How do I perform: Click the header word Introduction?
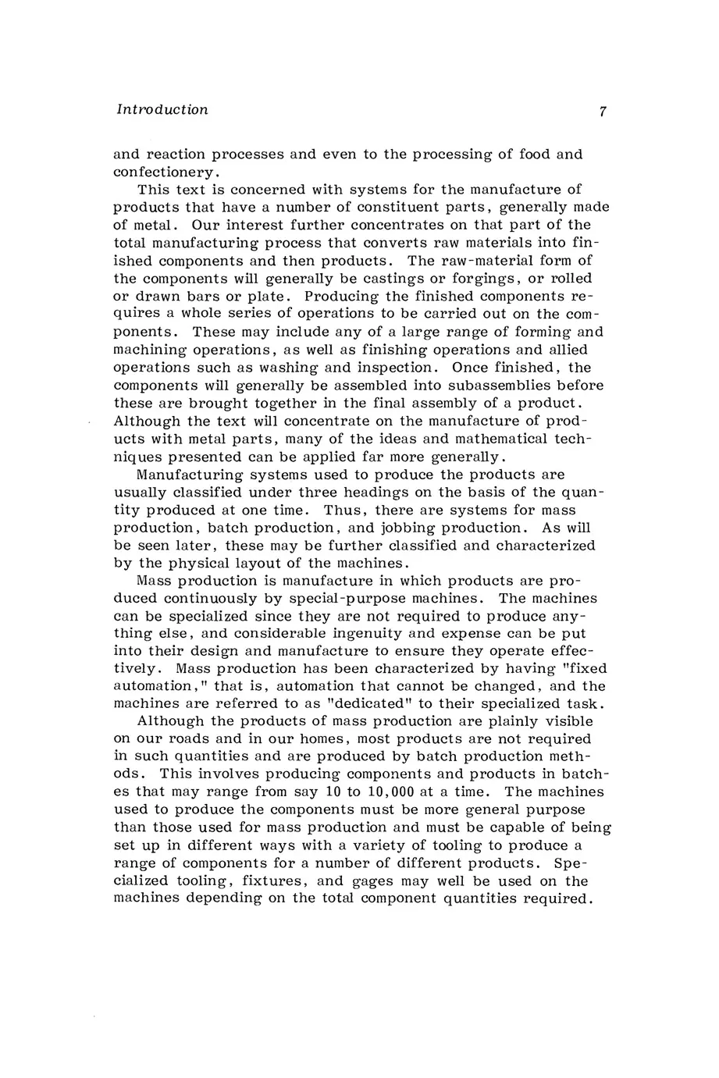162,110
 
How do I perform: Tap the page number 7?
603,112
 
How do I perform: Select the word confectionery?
163,172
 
